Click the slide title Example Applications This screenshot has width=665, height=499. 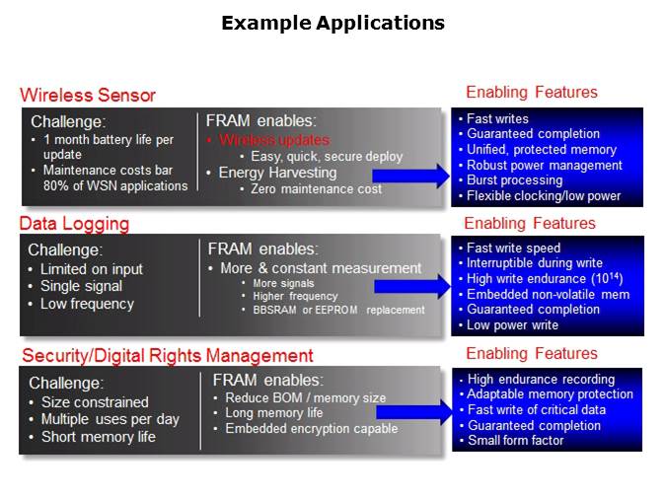pos(332,22)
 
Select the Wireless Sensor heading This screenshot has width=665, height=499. pos(88,96)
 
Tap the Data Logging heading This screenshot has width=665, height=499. pos(74,224)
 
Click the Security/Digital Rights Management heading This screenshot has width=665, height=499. pos(166,355)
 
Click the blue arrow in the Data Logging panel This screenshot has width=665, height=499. pos(410,287)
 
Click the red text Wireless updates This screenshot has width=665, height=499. pos(274,140)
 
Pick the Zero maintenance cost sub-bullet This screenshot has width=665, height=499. pos(315,188)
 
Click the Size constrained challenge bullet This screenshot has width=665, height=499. pos(95,402)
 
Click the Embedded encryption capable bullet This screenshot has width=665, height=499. pos(311,429)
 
